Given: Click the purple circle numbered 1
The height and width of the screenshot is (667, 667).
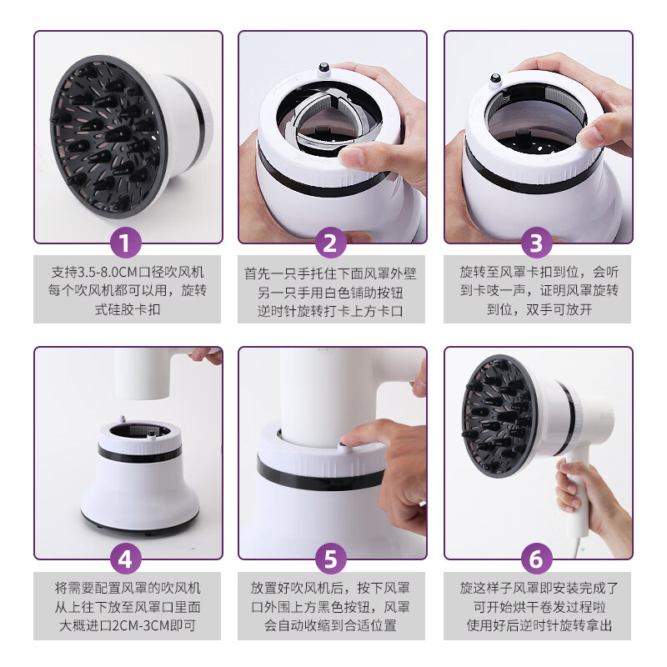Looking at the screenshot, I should click(x=127, y=244).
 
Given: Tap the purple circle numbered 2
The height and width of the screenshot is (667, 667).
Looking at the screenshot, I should click(x=330, y=244).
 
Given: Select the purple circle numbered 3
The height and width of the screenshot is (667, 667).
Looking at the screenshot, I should click(x=537, y=244).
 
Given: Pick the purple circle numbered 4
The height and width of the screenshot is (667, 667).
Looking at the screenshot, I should click(x=127, y=558).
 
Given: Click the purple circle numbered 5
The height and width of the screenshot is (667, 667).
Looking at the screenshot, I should click(x=330, y=558).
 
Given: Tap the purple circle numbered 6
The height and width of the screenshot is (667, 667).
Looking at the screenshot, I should click(x=537, y=558).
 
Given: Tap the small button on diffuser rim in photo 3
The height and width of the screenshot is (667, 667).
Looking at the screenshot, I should click(x=494, y=81).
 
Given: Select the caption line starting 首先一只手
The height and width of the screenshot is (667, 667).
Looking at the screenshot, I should click(x=330, y=273).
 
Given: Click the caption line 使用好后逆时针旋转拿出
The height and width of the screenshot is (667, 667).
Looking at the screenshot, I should click(x=537, y=624).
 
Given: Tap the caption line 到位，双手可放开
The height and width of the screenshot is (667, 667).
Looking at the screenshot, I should click(x=537, y=309).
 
